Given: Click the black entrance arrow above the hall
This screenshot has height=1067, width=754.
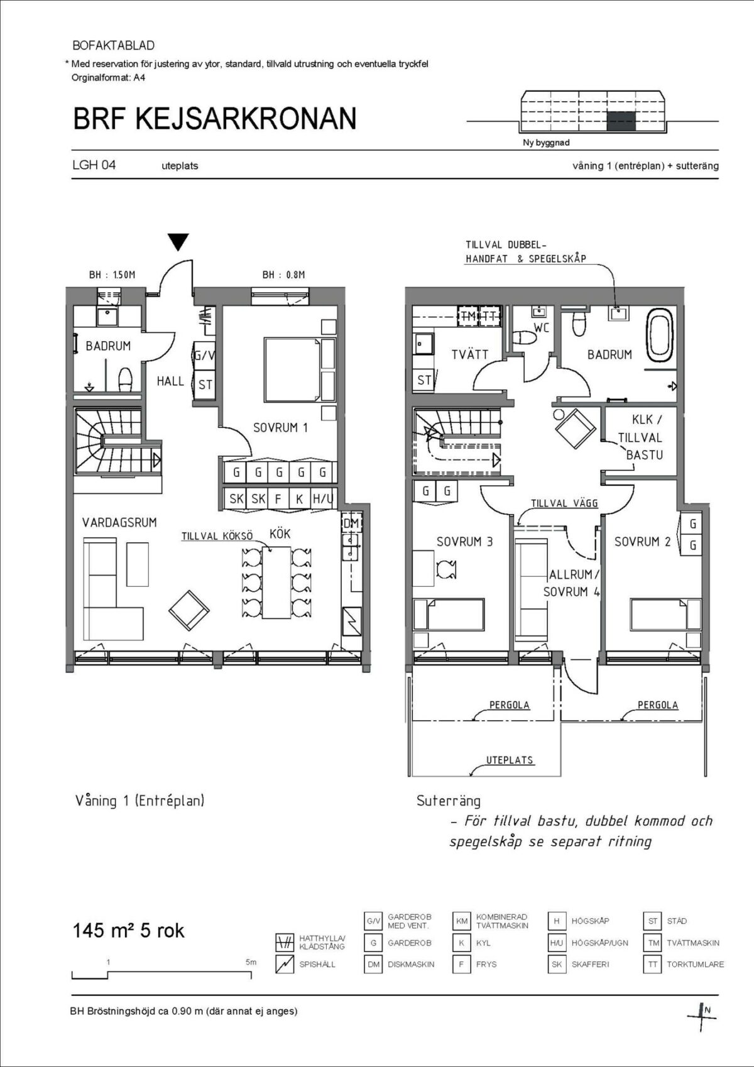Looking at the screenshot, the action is [x=178, y=241].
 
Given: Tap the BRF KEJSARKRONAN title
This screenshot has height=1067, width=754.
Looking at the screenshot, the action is [x=215, y=119].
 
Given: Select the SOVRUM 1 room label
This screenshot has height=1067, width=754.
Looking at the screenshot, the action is [x=280, y=428].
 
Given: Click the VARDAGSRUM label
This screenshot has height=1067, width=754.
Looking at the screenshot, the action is [x=119, y=523].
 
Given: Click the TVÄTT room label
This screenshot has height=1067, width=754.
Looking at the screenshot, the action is [x=469, y=354].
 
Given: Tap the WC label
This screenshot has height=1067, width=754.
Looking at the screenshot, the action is [x=542, y=328].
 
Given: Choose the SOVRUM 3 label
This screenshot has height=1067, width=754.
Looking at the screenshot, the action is [x=464, y=542].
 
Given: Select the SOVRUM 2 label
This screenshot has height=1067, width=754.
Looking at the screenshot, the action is [x=642, y=542].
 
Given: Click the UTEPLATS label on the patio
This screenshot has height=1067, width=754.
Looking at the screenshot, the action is [x=510, y=760].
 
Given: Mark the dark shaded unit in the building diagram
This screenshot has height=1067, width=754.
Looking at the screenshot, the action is [x=621, y=121].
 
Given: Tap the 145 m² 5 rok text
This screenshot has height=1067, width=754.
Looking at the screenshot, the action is [x=128, y=930].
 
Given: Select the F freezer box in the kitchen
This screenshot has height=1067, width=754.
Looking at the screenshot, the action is [x=278, y=499].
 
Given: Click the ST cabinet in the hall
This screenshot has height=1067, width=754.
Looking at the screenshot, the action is [x=205, y=385].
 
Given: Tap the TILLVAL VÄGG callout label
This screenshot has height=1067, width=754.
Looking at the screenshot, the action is [x=564, y=503].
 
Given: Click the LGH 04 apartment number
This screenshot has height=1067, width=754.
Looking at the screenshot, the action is [x=94, y=165].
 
